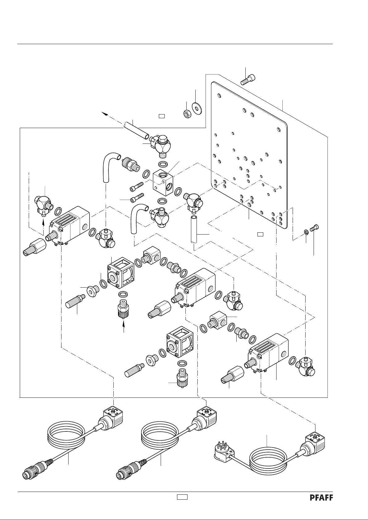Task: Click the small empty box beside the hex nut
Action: pos(161,116)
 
